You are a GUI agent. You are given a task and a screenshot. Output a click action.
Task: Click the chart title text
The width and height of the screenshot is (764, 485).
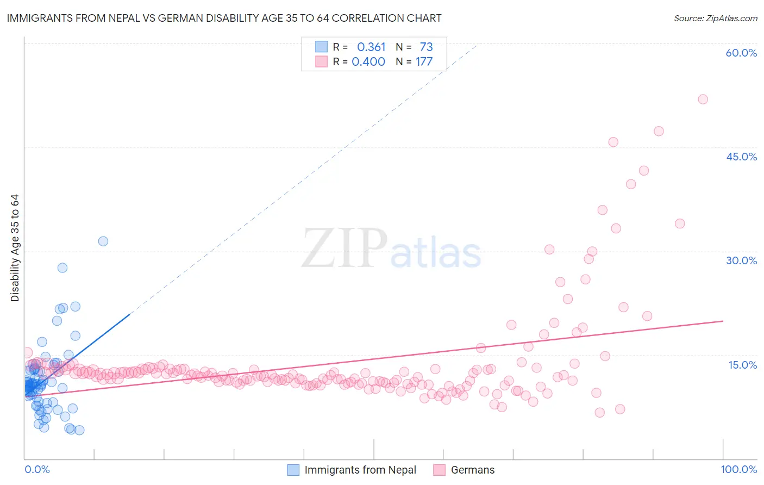click(224, 18)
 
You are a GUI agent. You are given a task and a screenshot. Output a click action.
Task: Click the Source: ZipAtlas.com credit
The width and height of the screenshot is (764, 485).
click(715, 18)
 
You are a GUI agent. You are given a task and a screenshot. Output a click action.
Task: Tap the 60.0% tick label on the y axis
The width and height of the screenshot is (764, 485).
click(741, 53)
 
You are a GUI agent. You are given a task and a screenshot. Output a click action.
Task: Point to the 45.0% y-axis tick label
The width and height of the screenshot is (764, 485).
click(741, 157)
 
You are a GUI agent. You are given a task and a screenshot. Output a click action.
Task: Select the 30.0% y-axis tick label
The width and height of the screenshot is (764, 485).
click(741, 260)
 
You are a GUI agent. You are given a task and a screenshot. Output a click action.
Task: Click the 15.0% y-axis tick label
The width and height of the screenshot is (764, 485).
click(742, 364)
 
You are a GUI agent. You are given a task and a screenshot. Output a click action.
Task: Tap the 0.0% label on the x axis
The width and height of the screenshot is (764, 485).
click(37, 469)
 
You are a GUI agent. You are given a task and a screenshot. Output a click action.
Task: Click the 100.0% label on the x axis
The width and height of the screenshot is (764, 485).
click(738, 469)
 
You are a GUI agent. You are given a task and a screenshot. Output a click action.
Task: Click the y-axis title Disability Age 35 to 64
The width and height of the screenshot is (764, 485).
click(15, 248)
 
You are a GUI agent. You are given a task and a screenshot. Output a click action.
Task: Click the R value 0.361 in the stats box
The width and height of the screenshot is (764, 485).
click(371, 47)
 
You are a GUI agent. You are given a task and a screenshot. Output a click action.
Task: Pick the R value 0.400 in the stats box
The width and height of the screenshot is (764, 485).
click(368, 62)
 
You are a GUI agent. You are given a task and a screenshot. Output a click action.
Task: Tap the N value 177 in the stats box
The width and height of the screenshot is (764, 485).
click(424, 62)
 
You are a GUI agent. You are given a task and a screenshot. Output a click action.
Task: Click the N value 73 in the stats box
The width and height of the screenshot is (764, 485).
click(426, 47)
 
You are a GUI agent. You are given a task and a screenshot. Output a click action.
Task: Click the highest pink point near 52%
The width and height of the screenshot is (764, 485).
click(703, 99)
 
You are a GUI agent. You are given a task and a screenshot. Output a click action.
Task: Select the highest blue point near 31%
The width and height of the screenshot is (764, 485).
click(103, 241)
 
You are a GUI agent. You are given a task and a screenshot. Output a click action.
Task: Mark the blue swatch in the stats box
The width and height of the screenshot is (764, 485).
click(322, 47)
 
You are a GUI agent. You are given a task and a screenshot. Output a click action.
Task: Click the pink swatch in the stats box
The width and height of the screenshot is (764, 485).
click(322, 61)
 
